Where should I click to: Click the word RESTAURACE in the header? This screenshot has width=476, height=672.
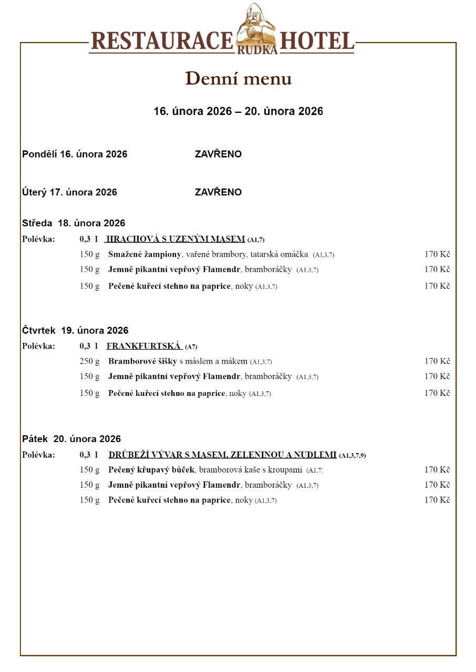pyautogui.click(x=162, y=41)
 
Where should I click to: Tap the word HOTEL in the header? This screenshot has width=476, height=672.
pyautogui.click(x=317, y=41)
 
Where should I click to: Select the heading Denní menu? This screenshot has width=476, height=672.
pyautogui.click(x=238, y=79)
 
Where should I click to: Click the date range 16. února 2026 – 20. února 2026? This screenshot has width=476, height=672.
pyautogui.click(x=238, y=111)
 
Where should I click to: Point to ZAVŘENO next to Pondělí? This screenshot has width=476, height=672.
pyautogui.click(x=218, y=154)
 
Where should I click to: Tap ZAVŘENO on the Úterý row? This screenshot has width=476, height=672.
pyautogui.click(x=218, y=192)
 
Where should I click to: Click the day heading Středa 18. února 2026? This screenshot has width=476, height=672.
pyautogui.click(x=74, y=223)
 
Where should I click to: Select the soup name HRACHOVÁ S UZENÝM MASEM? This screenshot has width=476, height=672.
pyautogui.click(x=175, y=239)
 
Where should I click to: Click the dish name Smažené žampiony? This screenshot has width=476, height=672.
pyautogui.click(x=144, y=255)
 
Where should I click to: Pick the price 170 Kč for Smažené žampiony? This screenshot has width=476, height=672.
pyautogui.click(x=437, y=255)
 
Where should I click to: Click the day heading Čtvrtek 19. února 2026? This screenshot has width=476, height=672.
pyautogui.click(x=75, y=331)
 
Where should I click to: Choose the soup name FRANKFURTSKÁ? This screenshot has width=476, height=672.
pyautogui.click(x=143, y=346)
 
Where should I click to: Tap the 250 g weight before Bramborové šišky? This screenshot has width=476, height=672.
pyautogui.click(x=89, y=362)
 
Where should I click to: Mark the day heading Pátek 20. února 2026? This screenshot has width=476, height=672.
pyautogui.click(x=71, y=439)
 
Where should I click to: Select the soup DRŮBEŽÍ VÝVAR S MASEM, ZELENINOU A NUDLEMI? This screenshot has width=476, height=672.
pyautogui.click(x=222, y=455)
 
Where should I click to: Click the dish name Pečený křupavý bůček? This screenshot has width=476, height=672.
pyautogui.click(x=151, y=470)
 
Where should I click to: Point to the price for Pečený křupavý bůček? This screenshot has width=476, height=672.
pyautogui.click(x=437, y=470)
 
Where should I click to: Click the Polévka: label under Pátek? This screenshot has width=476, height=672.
pyautogui.click(x=38, y=455)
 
